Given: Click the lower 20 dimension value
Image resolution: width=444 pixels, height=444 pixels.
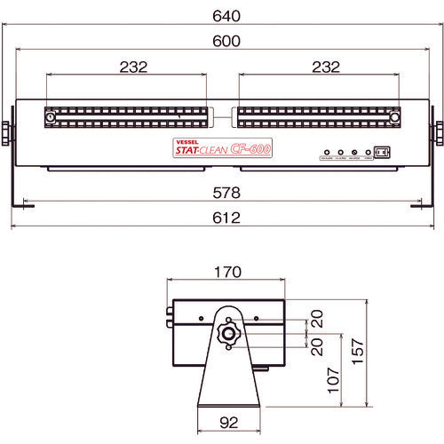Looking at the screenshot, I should pyautogui.click(x=315, y=343).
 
